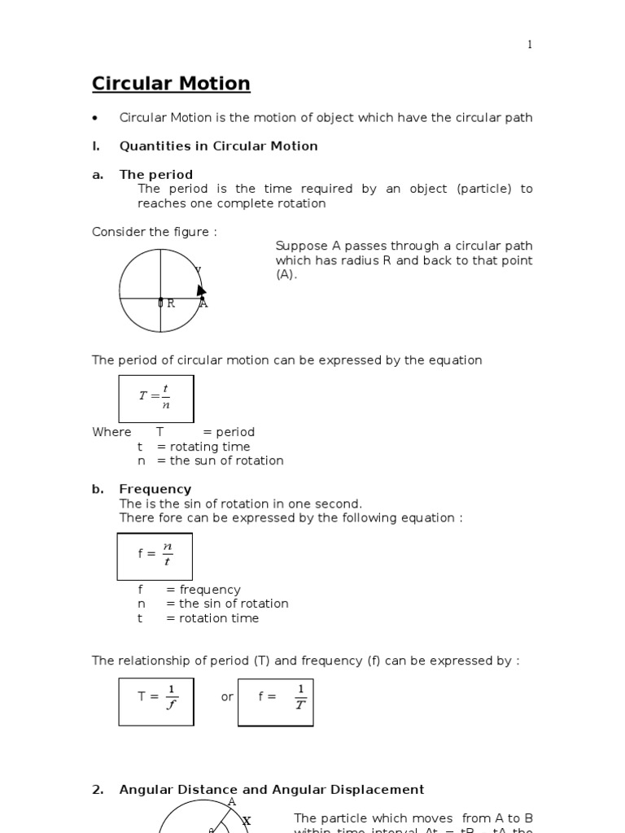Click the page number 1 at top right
click(x=530, y=45)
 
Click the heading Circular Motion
click(x=171, y=84)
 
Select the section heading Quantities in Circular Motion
click(x=218, y=146)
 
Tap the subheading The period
click(x=155, y=174)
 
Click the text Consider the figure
click(x=155, y=232)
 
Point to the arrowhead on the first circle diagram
click(x=201, y=290)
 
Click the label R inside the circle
click(x=171, y=303)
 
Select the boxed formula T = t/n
click(x=156, y=399)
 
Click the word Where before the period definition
click(x=111, y=432)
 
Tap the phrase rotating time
click(x=209, y=447)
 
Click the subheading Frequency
click(x=155, y=489)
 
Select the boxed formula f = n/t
click(x=155, y=556)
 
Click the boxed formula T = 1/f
click(x=156, y=700)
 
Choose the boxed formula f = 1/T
click(x=275, y=701)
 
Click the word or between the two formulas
click(x=227, y=697)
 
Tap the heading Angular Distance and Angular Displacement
click(x=271, y=789)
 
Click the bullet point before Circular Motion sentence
click(x=96, y=119)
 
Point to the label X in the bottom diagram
click(x=247, y=822)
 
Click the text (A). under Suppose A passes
click(x=286, y=275)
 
